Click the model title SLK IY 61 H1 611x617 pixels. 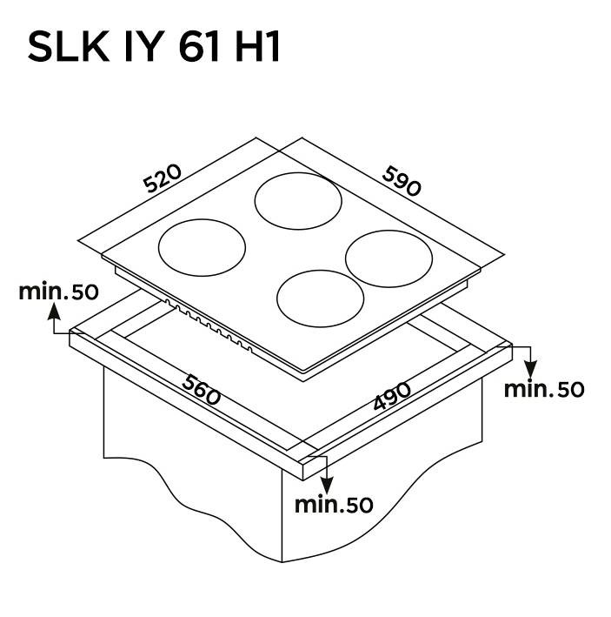click(x=154, y=47)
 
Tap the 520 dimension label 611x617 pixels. click(x=163, y=178)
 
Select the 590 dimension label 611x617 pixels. click(x=402, y=181)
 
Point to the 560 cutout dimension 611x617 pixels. click(x=202, y=390)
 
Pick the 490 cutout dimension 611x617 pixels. click(x=392, y=396)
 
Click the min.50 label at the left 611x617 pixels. click(x=58, y=292)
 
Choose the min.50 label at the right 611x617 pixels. click(x=544, y=390)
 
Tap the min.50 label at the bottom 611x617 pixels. click(x=334, y=505)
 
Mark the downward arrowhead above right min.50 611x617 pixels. click(x=531, y=370)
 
